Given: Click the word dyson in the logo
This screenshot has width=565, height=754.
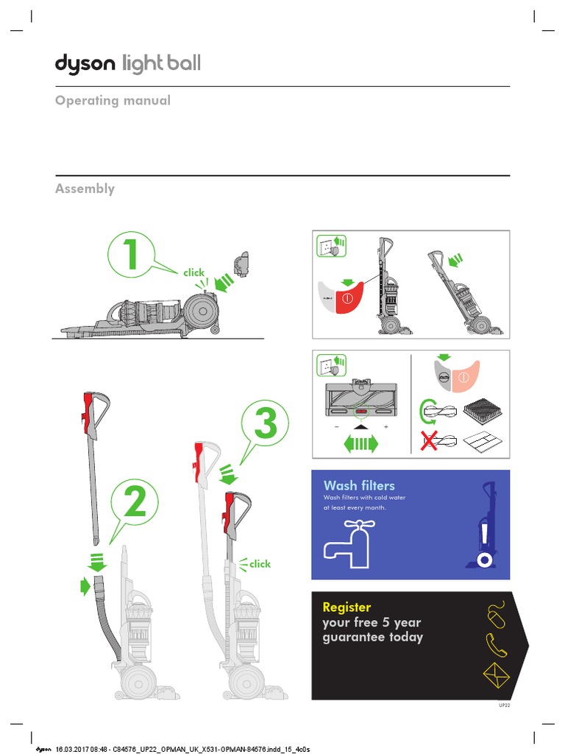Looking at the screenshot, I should coord(85,65).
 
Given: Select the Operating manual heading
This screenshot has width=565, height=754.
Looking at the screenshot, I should coord(113,100).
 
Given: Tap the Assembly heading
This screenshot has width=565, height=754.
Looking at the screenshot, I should coord(85,188).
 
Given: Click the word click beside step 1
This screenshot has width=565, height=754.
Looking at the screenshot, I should coord(194,272).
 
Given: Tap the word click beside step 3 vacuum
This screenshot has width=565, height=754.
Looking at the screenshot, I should coord(260,564).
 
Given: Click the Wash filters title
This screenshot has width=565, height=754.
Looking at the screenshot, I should coord(359,485).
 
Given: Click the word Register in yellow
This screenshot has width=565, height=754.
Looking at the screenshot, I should coord(347,607).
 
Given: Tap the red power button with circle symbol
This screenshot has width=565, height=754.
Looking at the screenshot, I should coord(347,300).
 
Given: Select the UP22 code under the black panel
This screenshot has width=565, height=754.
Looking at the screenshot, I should coord(504,705).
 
